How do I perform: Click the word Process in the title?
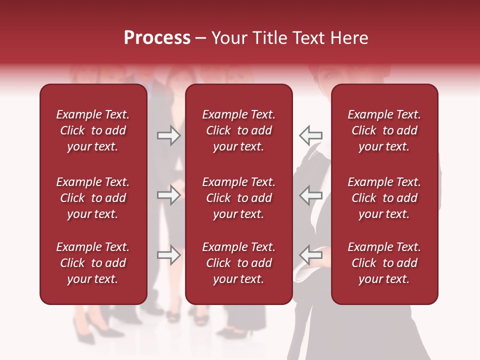(x=157, y=38)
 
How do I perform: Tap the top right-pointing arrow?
(x=169, y=135)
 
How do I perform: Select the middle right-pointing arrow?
(x=169, y=195)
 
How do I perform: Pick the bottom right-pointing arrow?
(x=169, y=255)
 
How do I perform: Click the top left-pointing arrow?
(x=310, y=135)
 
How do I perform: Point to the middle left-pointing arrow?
(x=310, y=195)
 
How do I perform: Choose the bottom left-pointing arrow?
(x=310, y=255)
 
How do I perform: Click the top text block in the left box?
(x=93, y=130)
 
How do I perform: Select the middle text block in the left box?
(x=93, y=198)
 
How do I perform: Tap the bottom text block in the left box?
(x=93, y=263)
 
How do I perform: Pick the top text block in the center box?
(x=238, y=130)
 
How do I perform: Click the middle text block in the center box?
(x=238, y=198)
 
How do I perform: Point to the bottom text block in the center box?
(x=238, y=263)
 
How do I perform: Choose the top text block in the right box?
(x=384, y=130)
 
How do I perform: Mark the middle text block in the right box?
(x=384, y=198)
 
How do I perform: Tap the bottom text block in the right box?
(x=384, y=263)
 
